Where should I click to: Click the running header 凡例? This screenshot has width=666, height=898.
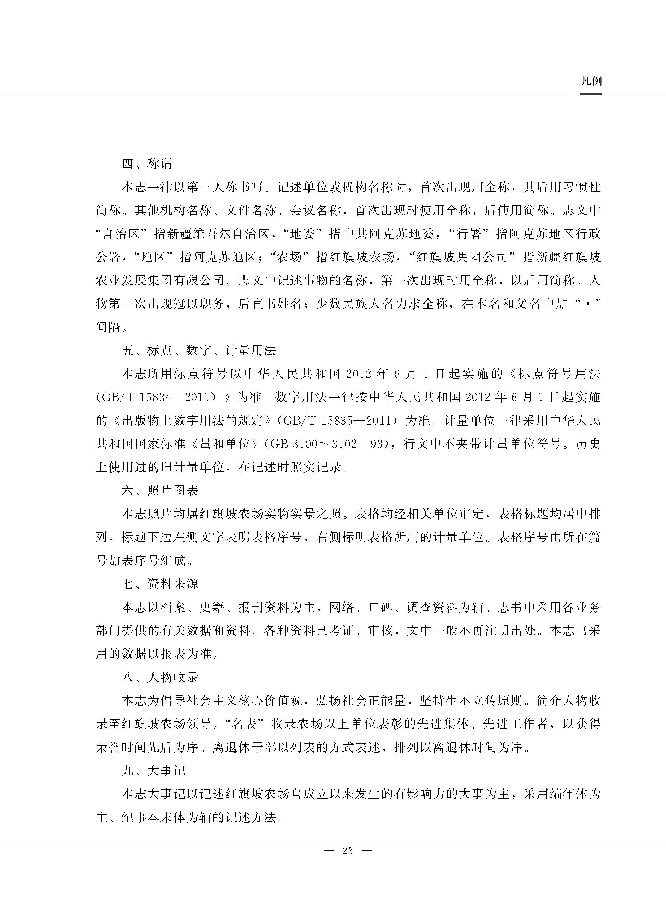[x=591, y=81]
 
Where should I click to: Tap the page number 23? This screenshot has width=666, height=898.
[x=348, y=850]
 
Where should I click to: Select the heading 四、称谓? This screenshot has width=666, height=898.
[x=147, y=164]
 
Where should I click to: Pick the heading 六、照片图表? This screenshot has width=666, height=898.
[x=160, y=491]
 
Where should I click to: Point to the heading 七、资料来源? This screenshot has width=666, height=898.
[x=160, y=584]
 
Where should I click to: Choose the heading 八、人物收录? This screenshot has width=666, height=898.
[x=160, y=677]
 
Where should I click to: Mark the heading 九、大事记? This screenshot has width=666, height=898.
[x=154, y=771]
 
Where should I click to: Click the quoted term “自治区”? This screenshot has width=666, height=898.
[x=123, y=234]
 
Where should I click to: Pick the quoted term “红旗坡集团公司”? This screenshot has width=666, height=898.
[x=462, y=257]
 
